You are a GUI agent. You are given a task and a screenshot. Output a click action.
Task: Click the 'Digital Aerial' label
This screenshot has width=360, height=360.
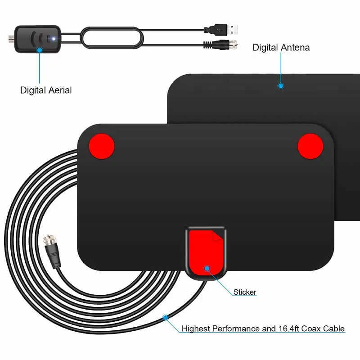(x=46, y=90)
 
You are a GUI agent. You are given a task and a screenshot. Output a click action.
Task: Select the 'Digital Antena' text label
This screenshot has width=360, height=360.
(x=281, y=47)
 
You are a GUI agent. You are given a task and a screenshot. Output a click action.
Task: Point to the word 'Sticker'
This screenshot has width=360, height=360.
(x=245, y=292)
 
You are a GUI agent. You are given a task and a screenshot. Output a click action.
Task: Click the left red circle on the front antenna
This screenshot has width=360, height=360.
(x=101, y=146)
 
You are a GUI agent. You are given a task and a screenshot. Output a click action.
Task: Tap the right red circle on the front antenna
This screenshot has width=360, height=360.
(x=311, y=146)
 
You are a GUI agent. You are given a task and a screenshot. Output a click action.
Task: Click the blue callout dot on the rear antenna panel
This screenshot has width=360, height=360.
(x=281, y=85)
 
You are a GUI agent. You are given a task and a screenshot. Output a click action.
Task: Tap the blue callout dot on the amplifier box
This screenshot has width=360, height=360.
(x=39, y=50)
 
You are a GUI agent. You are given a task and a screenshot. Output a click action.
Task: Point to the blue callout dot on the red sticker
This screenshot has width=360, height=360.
(x=207, y=269)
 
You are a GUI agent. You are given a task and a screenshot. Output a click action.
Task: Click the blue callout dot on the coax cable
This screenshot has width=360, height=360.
(x=166, y=318)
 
